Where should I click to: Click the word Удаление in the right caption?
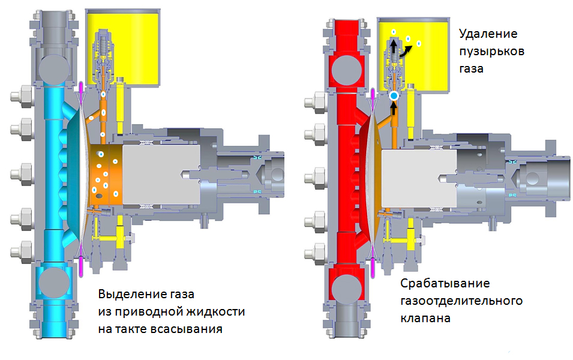click(488, 34)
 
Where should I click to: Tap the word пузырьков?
click(491, 52)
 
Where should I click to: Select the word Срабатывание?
click(445, 284)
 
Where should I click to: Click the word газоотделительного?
click(461, 301)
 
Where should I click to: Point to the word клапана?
click(425, 318)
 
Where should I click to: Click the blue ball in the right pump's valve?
click(394, 96)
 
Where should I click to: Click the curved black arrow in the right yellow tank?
click(405, 52)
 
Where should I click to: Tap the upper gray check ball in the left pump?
click(54, 70)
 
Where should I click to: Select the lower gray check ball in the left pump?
click(54, 282)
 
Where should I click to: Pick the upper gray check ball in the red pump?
click(346, 70)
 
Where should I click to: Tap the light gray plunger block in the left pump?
click(161, 175)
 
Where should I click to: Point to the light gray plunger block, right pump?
click(419, 178)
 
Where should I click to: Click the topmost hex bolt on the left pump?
click(23, 96)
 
